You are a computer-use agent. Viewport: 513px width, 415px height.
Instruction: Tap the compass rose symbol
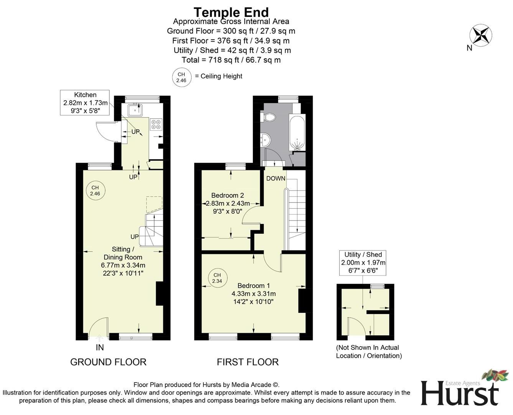(480, 35)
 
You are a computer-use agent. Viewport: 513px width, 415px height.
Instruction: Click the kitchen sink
(135, 111)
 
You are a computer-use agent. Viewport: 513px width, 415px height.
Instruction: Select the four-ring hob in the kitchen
(156, 124)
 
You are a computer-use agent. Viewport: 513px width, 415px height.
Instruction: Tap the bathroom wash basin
(265, 139)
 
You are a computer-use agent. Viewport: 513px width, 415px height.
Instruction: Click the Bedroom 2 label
(227, 195)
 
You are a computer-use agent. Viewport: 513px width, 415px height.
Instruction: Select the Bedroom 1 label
(253, 286)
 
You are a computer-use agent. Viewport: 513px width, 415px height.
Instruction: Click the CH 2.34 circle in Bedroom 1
(217, 278)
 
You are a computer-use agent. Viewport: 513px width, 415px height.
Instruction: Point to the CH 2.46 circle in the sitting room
(95, 191)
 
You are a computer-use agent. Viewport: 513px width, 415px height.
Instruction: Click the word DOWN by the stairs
(275, 178)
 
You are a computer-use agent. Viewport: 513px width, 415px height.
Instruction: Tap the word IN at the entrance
(100, 347)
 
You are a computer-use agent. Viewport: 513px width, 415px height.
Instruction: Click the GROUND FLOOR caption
(108, 362)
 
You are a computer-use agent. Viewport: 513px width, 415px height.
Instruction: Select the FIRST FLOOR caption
(247, 362)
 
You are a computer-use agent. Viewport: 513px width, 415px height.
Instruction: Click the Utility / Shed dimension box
(363, 262)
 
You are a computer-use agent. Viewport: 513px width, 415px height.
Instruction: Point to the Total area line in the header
(231, 60)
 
